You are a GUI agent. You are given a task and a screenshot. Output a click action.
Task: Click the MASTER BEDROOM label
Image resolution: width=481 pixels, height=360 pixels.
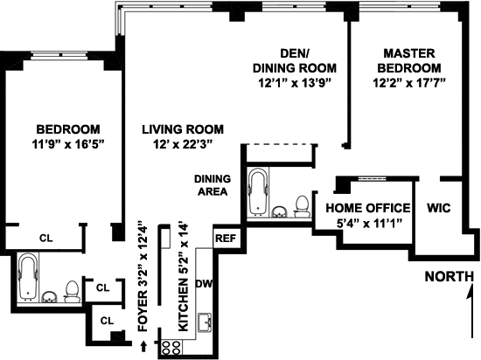[x=409, y=60]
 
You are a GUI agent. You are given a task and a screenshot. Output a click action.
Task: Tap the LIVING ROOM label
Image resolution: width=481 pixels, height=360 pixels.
[x=183, y=129]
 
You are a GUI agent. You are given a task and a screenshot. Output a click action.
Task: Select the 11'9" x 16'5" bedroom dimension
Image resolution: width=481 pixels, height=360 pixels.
[x=68, y=144]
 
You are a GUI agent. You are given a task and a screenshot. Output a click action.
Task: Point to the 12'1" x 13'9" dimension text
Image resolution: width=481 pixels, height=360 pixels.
[x=295, y=83]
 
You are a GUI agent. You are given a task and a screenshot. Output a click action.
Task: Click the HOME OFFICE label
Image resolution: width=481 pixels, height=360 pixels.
[x=368, y=208]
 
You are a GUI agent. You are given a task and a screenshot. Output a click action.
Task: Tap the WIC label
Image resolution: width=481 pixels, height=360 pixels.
[x=439, y=208]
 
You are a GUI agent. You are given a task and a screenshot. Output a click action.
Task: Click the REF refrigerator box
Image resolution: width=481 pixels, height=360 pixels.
[x=226, y=238]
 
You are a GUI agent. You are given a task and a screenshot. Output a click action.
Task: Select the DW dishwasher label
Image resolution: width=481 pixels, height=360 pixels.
[x=204, y=284]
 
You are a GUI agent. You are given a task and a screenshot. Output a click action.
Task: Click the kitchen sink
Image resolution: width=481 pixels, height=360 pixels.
[x=205, y=322]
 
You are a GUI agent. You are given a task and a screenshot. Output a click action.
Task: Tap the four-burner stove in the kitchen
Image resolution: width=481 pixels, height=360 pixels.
[x=171, y=348]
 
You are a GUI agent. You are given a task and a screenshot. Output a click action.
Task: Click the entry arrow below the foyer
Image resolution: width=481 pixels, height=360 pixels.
[x=143, y=346]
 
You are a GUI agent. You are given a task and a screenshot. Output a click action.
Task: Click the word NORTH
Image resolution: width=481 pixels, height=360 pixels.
[x=450, y=277]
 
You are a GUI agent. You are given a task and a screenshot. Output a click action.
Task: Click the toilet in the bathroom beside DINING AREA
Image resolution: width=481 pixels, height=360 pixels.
[x=302, y=206]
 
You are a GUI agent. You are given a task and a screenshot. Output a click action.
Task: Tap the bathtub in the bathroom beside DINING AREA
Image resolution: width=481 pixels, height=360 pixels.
[x=258, y=191]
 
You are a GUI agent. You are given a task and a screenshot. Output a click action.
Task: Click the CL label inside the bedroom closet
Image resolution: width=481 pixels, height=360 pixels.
[x=46, y=238]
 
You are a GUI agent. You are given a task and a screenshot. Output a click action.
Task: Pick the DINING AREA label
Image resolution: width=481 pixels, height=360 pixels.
[x=213, y=185]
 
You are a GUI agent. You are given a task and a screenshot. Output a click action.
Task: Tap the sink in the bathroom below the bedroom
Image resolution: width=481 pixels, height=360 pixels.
[x=49, y=296]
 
